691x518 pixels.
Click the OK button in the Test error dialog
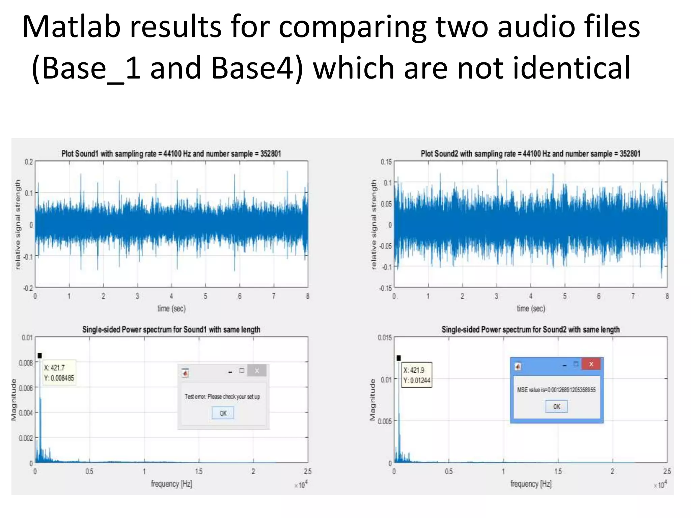pos(223,413)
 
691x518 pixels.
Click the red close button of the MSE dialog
pos(591,364)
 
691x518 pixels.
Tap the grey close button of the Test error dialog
pos(257,371)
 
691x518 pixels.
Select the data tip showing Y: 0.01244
pos(417,375)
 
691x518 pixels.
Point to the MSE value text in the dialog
pos(556,390)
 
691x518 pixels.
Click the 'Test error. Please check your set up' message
pos(222,397)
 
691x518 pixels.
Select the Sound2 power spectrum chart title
pos(530,329)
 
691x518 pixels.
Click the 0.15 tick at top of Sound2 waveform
pos(386,162)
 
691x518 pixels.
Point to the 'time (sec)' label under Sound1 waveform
pos(171,308)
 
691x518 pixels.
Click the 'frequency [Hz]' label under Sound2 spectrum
pos(531,484)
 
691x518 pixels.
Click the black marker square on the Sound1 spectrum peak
pos(40,355)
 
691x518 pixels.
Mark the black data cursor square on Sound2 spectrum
pos(398,358)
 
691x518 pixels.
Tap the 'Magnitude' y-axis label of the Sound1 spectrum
pos(14,400)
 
